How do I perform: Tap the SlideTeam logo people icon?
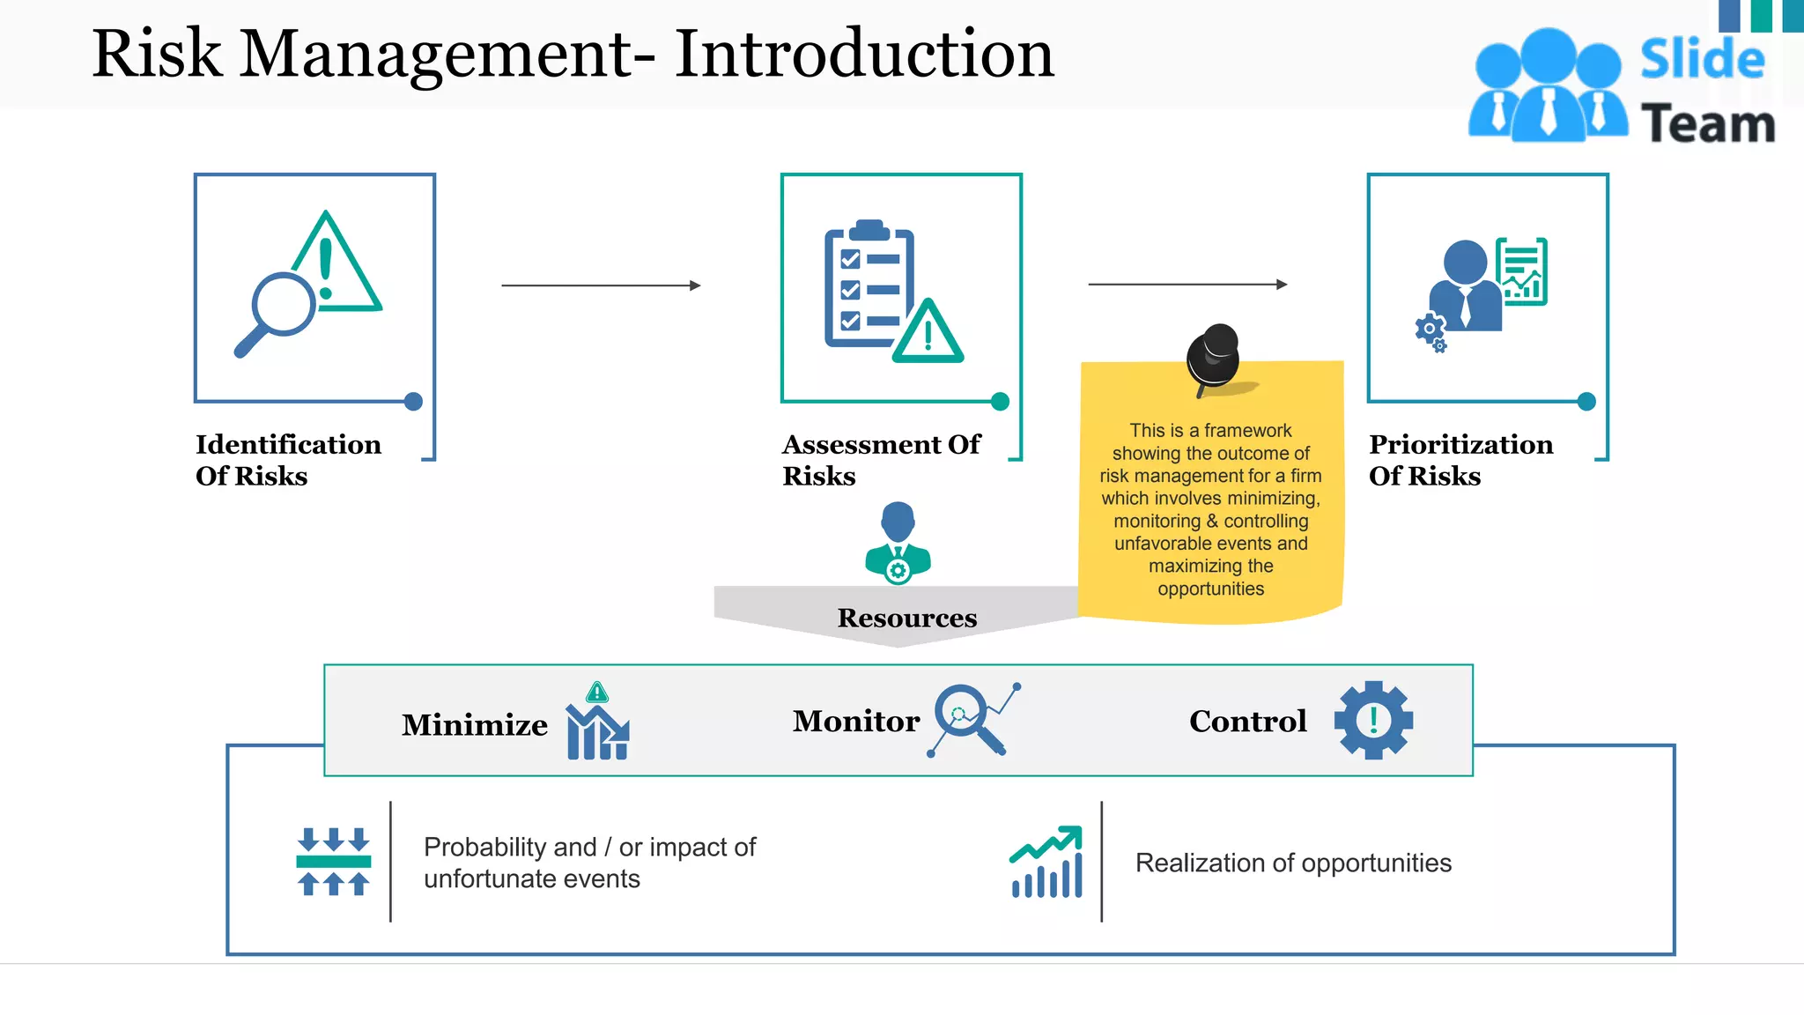pyautogui.click(x=1548, y=86)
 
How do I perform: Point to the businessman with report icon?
pyautogui.click(x=1480, y=287)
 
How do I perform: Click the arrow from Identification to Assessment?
pyautogui.click(x=601, y=285)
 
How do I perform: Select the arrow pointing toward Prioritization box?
pyautogui.click(x=1187, y=285)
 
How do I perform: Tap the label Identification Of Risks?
pyautogui.click(x=288, y=460)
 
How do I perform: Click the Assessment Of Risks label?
pyautogui.click(x=881, y=460)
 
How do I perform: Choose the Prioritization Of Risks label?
pyautogui.click(x=1460, y=460)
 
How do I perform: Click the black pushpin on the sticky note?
pyautogui.click(x=1214, y=357)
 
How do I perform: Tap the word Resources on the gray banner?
pyautogui.click(x=906, y=618)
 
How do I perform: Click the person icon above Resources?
pyautogui.click(x=898, y=543)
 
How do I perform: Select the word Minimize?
pyautogui.click(x=475, y=725)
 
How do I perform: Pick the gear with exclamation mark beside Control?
pyautogui.click(x=1373, y=720)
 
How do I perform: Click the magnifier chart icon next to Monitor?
pyautogui.click(x=973, y=719)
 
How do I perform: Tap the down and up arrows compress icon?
pyautogui.click(x=333, y=861)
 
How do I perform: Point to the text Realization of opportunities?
pyautogui.click(x=1293, y=863)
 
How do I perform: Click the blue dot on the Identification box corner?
pyautogui.click(x=413, y=402)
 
